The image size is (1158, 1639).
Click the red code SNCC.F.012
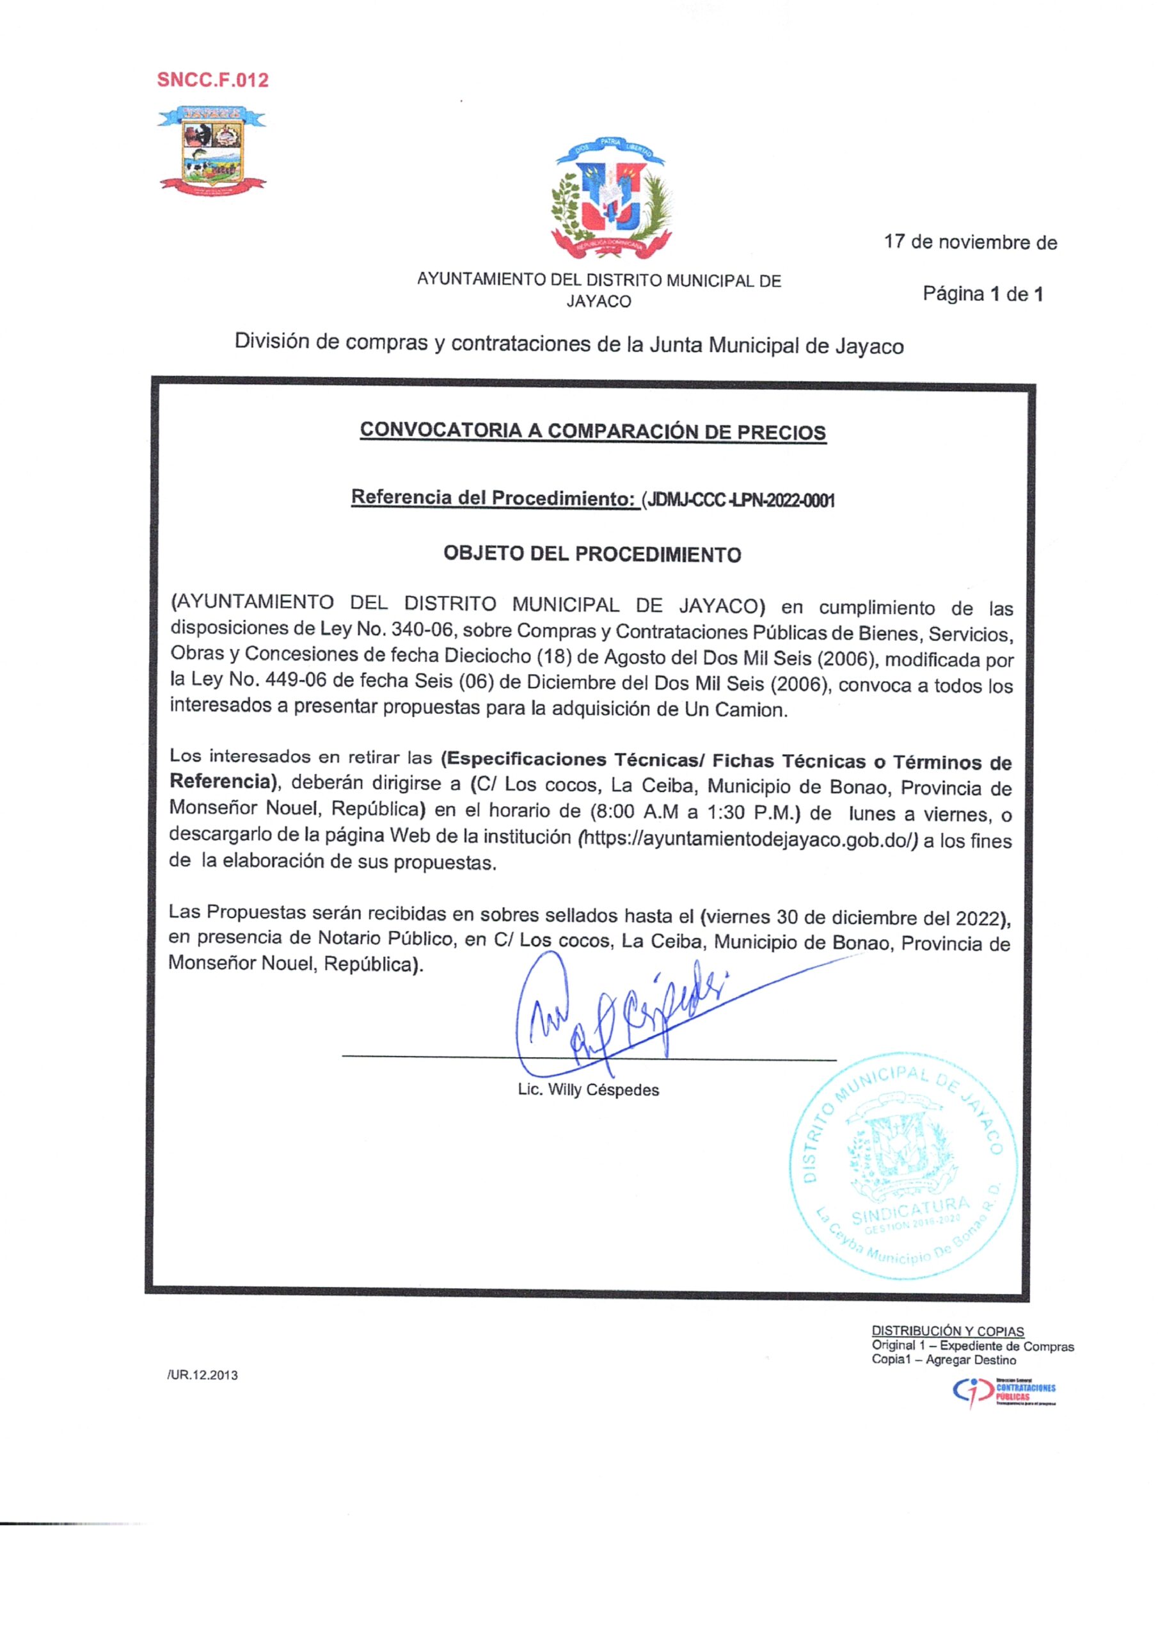click(x=212, y=80)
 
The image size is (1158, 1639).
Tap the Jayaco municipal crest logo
click(x=212, y=149)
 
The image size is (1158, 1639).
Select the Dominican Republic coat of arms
click(x=611, y=200)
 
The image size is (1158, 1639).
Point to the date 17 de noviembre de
click(x=971, y=243)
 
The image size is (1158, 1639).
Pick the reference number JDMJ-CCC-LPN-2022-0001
click(x=739, y=499)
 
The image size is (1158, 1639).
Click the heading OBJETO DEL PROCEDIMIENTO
click(x=592, y=554)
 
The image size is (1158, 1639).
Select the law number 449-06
click(x=296, y=681)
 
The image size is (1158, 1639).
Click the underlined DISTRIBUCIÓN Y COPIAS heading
click(x=948, y=1331)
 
